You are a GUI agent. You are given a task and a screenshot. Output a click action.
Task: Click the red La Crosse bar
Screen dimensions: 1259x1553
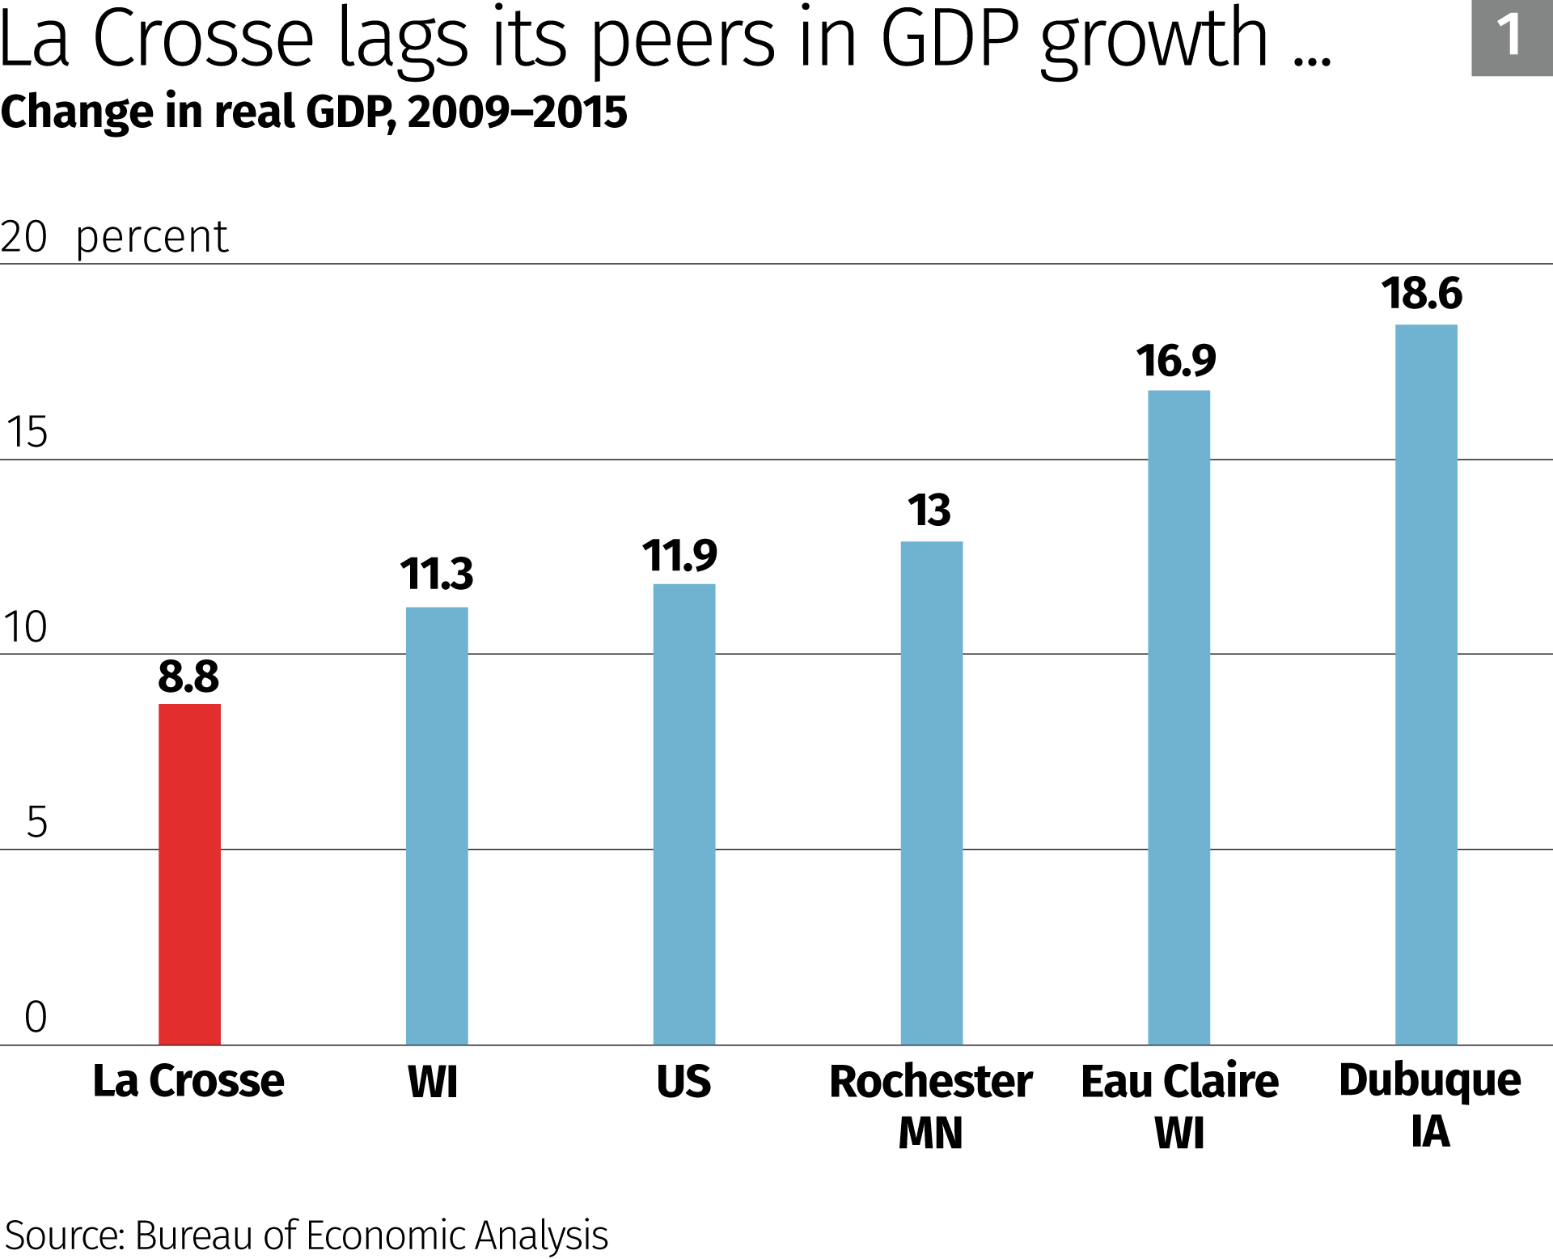[x=189, y=874]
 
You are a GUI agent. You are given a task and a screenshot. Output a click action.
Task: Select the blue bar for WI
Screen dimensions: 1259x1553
[x=437, y=825]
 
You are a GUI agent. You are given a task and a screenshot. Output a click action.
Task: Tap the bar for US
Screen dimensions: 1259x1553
[x=684, y=813]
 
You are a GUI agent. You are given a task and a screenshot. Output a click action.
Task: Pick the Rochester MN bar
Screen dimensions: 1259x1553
[x=932, y=793]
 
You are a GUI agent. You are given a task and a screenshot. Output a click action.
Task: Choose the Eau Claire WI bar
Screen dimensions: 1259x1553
[x=1179, y=717]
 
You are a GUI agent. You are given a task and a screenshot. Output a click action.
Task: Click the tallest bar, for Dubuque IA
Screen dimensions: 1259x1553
[x=1426, y=685]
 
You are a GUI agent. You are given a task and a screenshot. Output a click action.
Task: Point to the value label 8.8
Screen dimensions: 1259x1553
[x=188, y=676]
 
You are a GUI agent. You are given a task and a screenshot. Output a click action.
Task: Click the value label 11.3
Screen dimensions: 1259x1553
[x=437, y=574]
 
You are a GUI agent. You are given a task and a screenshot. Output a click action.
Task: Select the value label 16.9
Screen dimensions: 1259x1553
[x=1176, y=361]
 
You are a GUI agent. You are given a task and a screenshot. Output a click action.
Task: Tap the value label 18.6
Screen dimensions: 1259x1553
[x=1422, y=294]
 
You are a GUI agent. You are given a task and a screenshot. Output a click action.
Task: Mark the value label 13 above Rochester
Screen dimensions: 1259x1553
[x=929, y=511]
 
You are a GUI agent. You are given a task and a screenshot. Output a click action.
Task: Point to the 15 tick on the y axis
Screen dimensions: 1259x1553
[x=27, y=432]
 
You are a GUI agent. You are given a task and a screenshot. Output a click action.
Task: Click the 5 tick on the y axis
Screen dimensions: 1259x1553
[x=36, y=822]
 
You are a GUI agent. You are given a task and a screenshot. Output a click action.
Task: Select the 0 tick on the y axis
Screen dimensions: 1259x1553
[x=36, y=1017]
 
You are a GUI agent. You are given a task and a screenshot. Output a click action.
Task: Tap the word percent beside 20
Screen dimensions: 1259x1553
[x=152, y=238]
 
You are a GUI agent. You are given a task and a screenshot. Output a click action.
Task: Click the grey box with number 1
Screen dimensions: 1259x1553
[x=1511, y=37]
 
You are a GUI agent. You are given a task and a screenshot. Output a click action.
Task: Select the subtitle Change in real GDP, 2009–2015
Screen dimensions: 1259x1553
[x=314, y=112]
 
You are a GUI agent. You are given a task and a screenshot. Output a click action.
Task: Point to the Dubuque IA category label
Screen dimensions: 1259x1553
[x=1429, y=1105]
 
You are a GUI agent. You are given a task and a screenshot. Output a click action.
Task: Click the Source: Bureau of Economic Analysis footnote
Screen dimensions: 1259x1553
[x=306, y=1236]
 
